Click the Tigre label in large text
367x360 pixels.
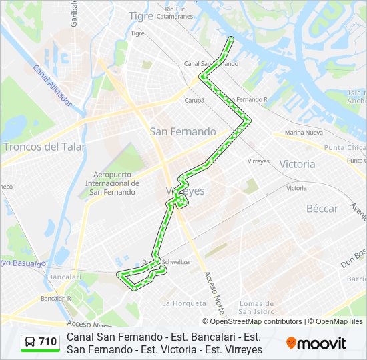click(x=141, y=16)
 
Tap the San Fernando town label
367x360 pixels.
click(x=183, y=132)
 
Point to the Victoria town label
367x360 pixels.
click(x=297, y=164)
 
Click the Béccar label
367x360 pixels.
click(x=322, y=209)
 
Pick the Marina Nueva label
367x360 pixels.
click(x=304, y=133)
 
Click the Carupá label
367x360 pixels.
click(x=194, y=101)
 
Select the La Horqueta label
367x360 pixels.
click(x=184, y=303)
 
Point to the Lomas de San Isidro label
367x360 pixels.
click(x=257, y=307)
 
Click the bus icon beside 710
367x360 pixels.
click(x=30, y=343)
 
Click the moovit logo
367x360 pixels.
click(x=316, y=343)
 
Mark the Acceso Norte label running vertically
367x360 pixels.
click(x=214, y=293)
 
